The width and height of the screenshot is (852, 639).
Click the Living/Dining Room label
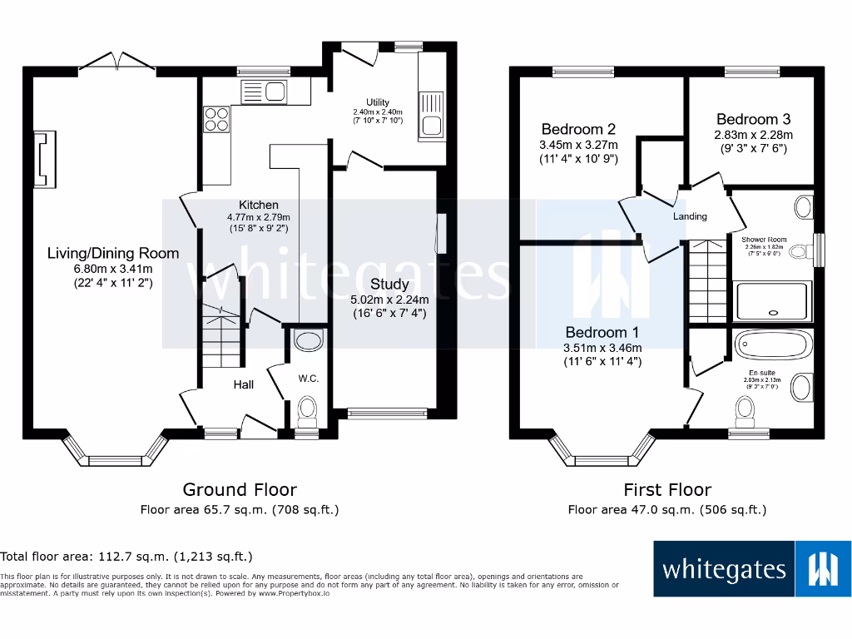coord(112,253)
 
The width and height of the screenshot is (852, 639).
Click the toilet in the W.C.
coord(308,408)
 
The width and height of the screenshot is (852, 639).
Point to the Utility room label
coord(377,102)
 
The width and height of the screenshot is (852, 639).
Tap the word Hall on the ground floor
coord(243,384)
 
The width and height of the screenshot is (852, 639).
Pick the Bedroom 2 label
coord(578,129)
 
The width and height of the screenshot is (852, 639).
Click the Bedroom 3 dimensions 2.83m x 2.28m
coord(752,134)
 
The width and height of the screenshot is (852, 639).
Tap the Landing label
coord(690,216)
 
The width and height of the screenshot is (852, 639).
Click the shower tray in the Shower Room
coord(772,300)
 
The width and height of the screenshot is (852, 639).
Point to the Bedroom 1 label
coord(599,333)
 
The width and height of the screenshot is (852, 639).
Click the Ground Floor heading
coord(240,489)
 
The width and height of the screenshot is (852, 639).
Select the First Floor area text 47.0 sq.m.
coord(666,510)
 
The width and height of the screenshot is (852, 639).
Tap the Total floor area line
coord(126,556)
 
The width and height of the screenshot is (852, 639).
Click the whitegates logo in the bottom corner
coord(752,569)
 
